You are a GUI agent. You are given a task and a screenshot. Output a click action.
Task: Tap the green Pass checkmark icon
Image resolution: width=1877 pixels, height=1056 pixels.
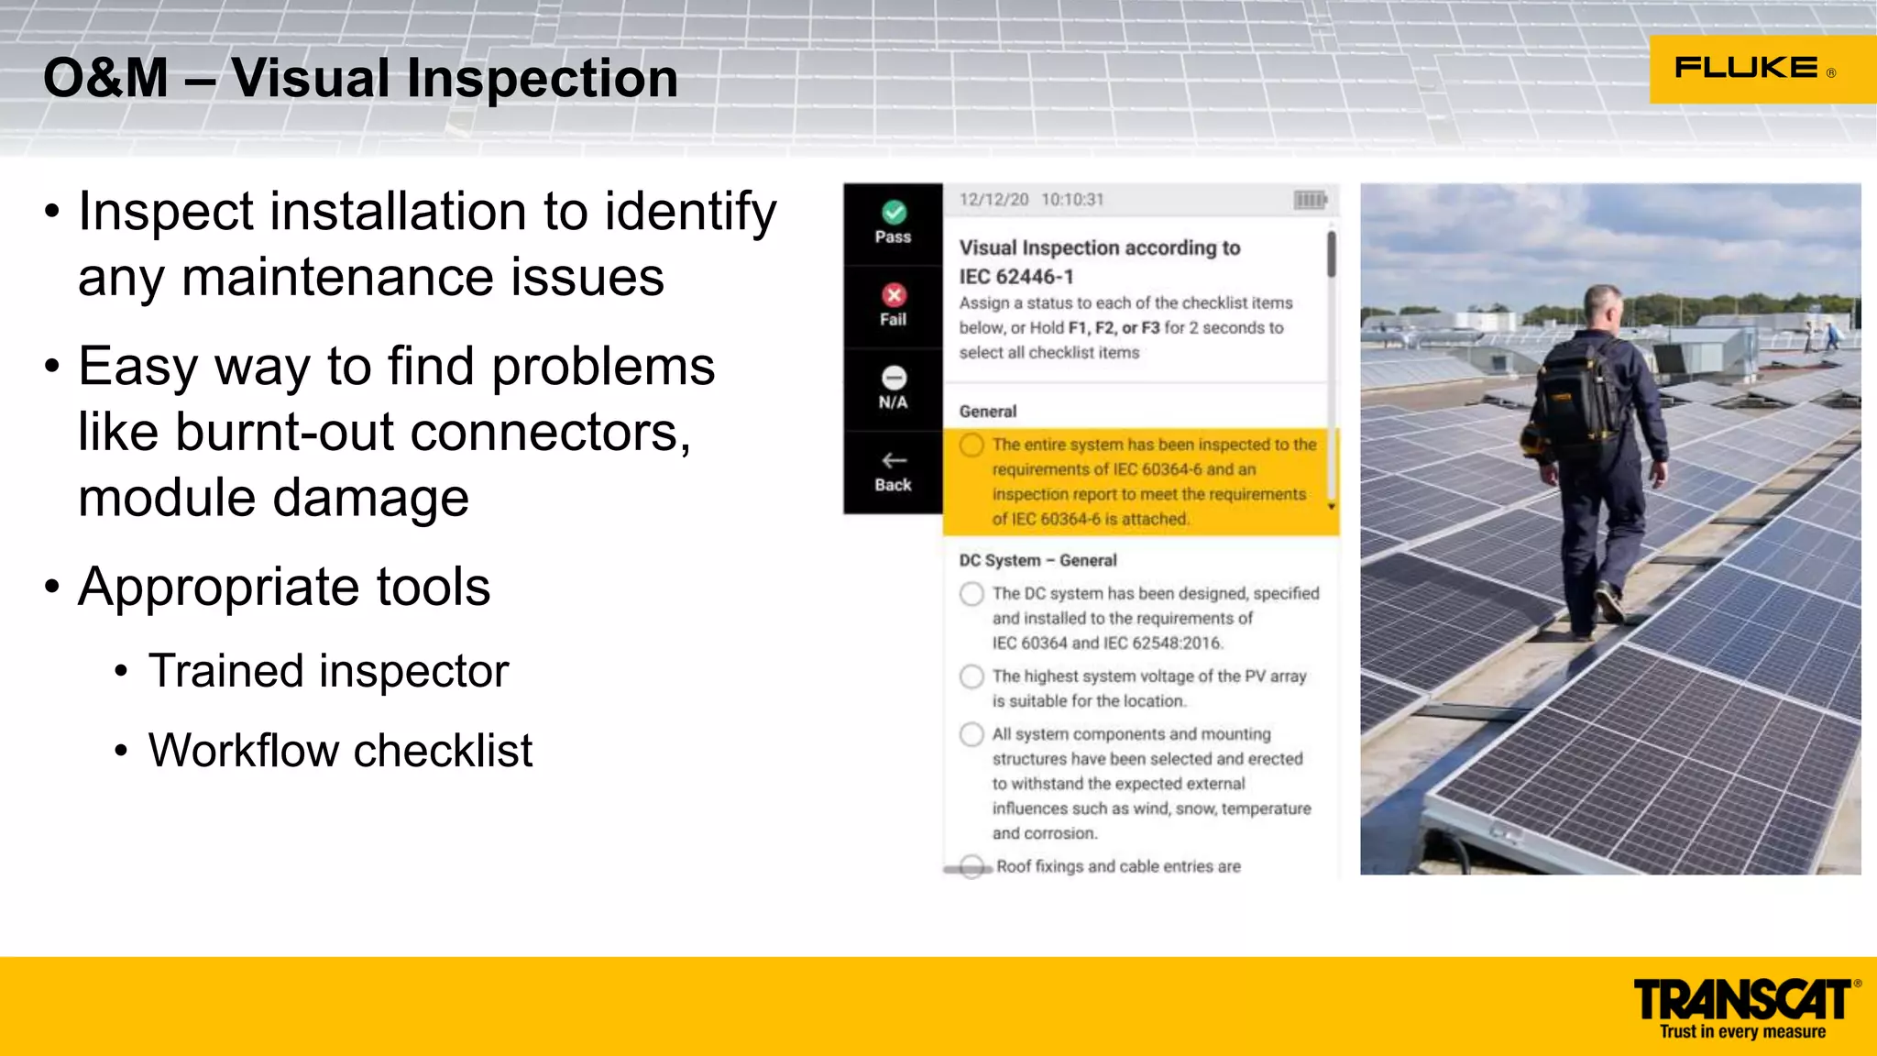[x=894, y=213]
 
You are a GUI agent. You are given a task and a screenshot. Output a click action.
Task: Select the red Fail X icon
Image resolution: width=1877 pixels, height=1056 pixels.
[x=894, y=295]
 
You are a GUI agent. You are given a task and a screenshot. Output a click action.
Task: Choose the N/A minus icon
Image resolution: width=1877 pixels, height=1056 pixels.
[x=894, y=378]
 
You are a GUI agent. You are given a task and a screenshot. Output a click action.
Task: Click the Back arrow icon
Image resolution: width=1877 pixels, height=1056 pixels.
[x=894, y=460]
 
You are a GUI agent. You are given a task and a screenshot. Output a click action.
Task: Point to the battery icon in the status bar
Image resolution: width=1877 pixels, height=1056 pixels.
[x=1310, y=200]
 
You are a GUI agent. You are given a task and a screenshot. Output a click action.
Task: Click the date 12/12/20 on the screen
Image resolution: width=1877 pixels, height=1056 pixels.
[x=993, y=200]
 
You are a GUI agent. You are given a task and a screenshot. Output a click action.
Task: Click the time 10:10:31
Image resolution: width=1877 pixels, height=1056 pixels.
[x=1072, y=200]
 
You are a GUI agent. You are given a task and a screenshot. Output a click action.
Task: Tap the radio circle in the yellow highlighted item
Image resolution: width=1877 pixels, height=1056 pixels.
[x=971, y=445]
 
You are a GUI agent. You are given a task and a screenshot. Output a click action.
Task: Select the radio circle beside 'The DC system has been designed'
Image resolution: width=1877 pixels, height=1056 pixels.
[x=971, y=594]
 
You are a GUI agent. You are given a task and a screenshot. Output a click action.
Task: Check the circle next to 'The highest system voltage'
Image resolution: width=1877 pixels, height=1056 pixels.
[x=971, y=676]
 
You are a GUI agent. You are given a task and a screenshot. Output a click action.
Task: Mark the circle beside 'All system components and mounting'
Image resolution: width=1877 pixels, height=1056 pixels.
[x=971, y=734]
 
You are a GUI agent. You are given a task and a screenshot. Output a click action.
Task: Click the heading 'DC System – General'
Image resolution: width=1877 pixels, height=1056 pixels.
[x=1037, y=560]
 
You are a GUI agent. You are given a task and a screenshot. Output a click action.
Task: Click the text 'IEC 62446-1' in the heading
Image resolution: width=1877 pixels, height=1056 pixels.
[x=1015, y=277]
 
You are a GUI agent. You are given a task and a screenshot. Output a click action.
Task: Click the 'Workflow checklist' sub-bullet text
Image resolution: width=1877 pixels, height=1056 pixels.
[x=340, y=751]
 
